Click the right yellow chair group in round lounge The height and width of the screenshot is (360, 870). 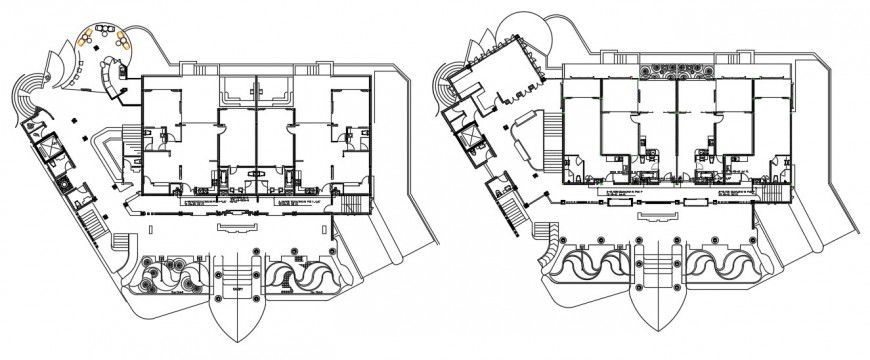tap(125, 39)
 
